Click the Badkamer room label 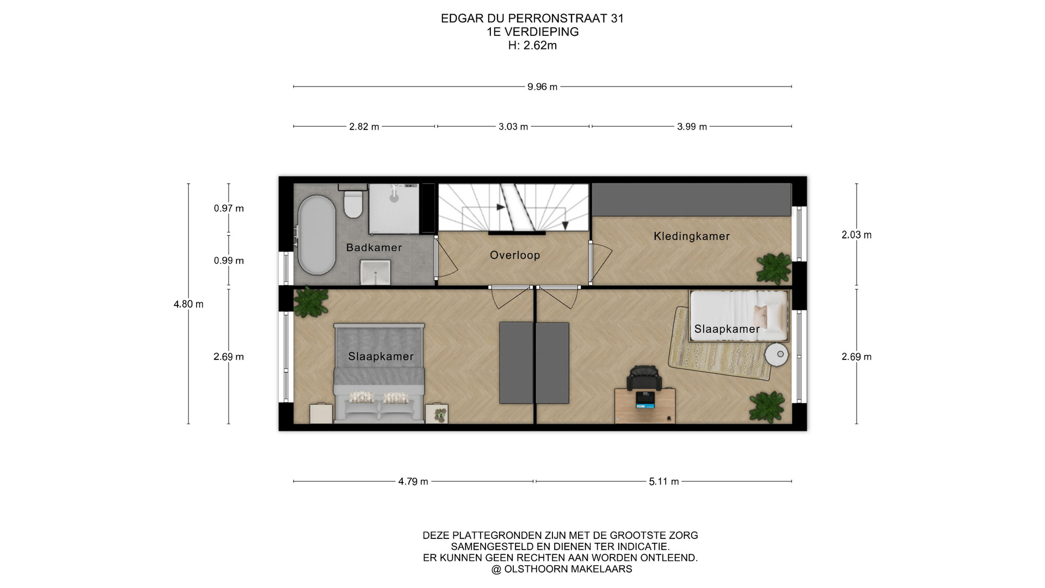point(374,248)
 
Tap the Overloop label point(515,255)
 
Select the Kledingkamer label point(692,236)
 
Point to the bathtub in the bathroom point(316,235)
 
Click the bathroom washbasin point(376,272)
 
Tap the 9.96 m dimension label point(542,87)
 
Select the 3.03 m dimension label point(513,127)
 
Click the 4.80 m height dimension point(188,304)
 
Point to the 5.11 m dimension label point(664,482)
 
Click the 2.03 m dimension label point(857,235)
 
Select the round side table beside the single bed point(777,355)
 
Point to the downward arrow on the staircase point(566,224)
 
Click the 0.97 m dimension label point(229,209)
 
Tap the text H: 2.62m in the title point(532,46)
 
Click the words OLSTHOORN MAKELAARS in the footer point(568,569)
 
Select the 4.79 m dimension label point(413,482)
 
